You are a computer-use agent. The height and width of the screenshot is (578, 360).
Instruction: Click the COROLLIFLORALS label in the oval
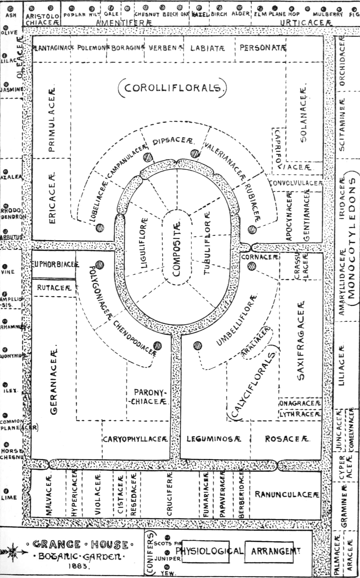pyautogui.click(x=173, y=88)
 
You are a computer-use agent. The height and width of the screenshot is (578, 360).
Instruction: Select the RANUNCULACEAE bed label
pyautogui.click(x=287, y=494)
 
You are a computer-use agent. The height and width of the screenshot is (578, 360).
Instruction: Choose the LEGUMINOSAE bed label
pyautogui.click(x=213, y=439)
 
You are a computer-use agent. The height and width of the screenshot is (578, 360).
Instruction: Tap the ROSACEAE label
pyautogui.click(x=287, y=439)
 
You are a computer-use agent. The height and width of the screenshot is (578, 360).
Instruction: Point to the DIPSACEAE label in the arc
pyautogui.click(x=173, y=141)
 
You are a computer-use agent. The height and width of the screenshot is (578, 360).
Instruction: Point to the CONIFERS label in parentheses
pyautogui.click(x=150, y=553)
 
